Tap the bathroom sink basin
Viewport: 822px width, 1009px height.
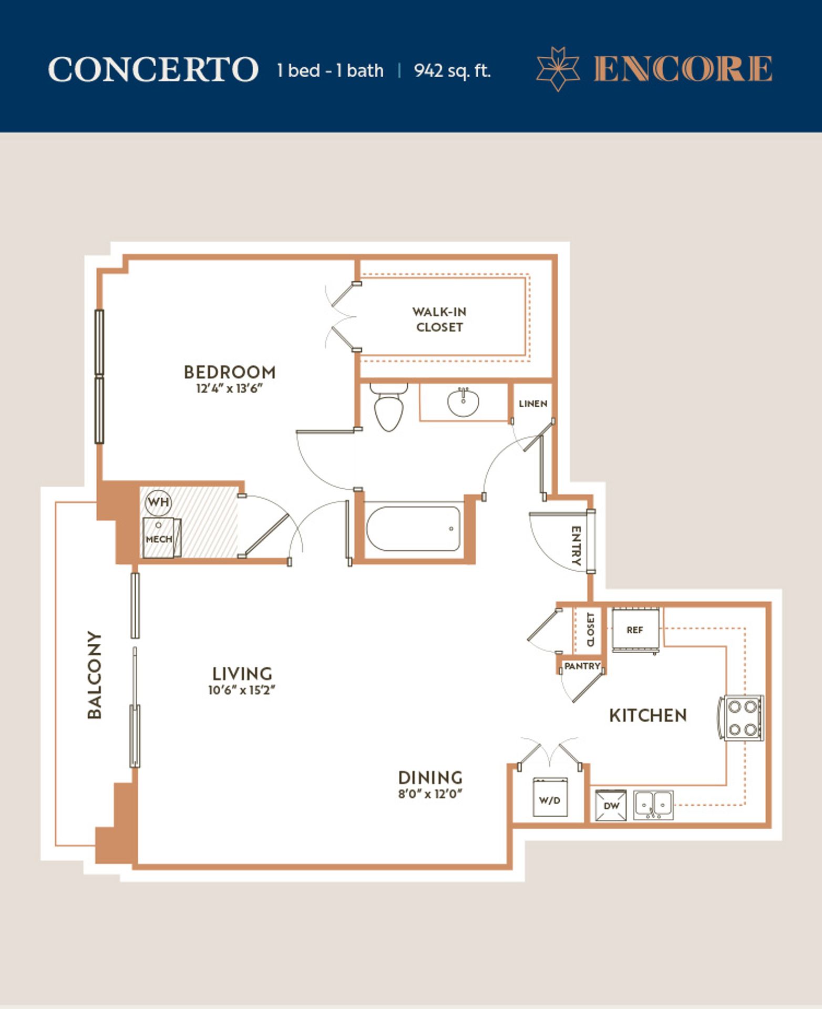(463, 401)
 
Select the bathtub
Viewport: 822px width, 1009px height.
(413, 528)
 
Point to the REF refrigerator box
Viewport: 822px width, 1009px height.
(634, 630)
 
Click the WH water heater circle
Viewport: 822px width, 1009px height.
(158, 502)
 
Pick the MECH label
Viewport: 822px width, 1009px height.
(159, 539)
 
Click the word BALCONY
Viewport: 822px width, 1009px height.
(95, 675)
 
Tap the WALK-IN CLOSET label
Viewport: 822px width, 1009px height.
(439, 320)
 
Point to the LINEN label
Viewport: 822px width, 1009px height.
(533, 404)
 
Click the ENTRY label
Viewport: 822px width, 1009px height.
(576, 545)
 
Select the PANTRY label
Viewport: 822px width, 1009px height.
(582, 666)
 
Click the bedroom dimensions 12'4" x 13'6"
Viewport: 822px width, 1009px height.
(229, 389)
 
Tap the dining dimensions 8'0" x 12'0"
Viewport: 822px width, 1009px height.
(430, 794)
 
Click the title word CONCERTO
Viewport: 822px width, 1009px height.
(153, 69)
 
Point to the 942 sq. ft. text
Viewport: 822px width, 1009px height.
(453, 70)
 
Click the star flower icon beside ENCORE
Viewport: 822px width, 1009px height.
(558, 69)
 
